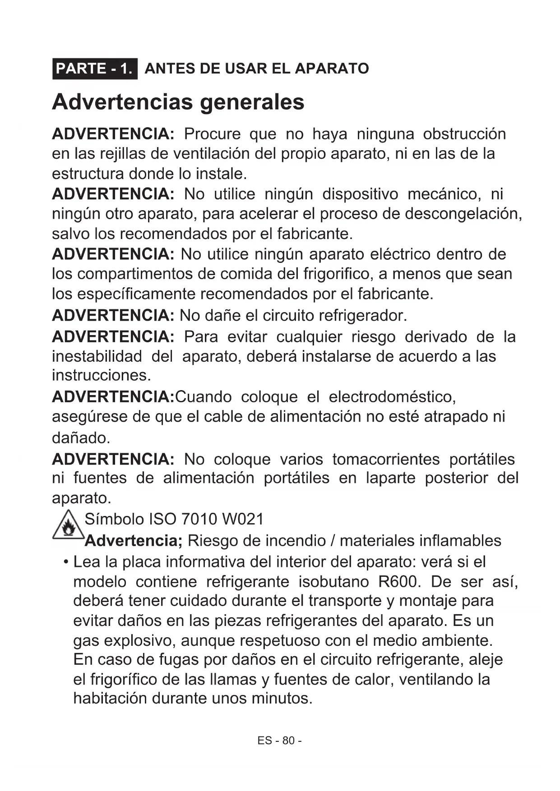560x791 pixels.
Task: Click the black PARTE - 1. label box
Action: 95,69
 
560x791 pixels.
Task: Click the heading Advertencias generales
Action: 178,101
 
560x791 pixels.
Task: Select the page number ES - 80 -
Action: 279,740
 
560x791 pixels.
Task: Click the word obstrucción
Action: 464,134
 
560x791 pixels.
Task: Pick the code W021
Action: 243,519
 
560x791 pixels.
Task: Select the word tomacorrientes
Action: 386,459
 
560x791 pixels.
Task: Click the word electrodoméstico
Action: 392,397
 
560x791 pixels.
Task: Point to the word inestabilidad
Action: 97,356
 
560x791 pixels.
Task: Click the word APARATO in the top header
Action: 332,69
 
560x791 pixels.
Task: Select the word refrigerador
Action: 362,315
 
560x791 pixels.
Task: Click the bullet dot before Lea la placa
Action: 66,562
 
